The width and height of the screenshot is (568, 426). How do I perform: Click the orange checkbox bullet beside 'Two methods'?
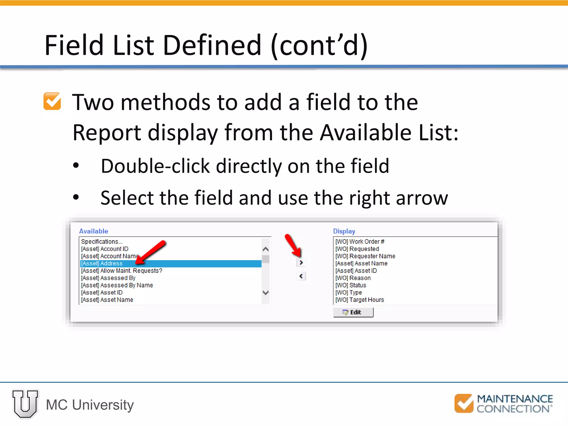click(52, 101)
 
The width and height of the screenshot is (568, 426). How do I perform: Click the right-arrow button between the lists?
click(301, 262)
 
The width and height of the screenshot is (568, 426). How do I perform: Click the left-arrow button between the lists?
click(301, 276)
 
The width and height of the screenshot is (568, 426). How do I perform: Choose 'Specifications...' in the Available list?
click(102, 242)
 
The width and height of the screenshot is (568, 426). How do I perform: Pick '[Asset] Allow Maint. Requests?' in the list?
click(121, 271)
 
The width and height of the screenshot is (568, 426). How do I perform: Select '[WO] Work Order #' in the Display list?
click(360, 242)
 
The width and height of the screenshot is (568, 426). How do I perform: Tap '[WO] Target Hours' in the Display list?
click(359, 300)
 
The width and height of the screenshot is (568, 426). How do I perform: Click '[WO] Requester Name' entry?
click(365, 256)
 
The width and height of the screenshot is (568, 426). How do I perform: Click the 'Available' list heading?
click(93, 231)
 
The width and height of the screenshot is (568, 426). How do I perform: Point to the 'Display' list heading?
click(344, 231)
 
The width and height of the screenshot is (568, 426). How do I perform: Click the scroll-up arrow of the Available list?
click(265, 249)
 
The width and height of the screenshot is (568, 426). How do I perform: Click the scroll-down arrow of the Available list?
click(265, 293)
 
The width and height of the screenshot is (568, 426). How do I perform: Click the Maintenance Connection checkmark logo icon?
click(464, 403)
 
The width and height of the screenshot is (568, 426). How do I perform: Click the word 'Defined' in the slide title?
click(212, 45)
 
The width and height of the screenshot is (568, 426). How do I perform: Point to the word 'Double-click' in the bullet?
click(155, 166)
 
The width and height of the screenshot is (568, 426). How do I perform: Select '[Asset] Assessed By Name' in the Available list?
click(117, 285)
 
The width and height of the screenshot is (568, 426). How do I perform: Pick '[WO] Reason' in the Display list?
click(353, 278)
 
